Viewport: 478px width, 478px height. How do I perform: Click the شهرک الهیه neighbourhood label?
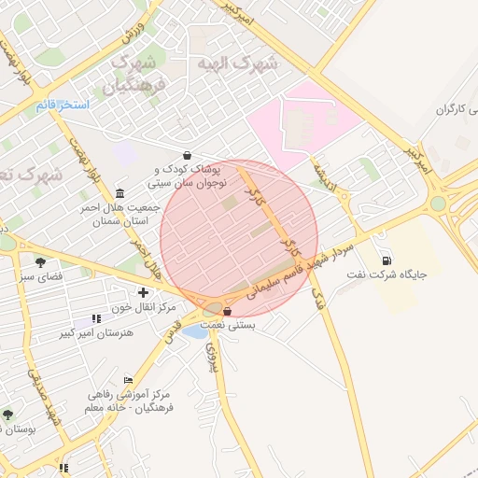click(237, 63)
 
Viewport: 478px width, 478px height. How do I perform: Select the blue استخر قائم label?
click(63, 105)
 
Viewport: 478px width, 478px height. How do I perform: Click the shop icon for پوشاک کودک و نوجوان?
click(189, 155)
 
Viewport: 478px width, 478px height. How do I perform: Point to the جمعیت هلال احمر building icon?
click(119, 192)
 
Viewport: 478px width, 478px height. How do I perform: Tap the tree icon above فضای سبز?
click(39, 261)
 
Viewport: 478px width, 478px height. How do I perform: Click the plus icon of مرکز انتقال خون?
click(143, 293)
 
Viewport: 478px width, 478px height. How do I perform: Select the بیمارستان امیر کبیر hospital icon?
click(96, 318)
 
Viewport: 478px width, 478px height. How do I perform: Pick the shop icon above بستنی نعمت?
click(229, 311)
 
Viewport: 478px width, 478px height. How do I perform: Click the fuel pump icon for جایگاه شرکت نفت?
click(387, 260)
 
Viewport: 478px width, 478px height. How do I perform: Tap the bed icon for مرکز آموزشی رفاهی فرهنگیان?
click(128, 380)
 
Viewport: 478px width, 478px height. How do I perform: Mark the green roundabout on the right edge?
click(438, 203)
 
